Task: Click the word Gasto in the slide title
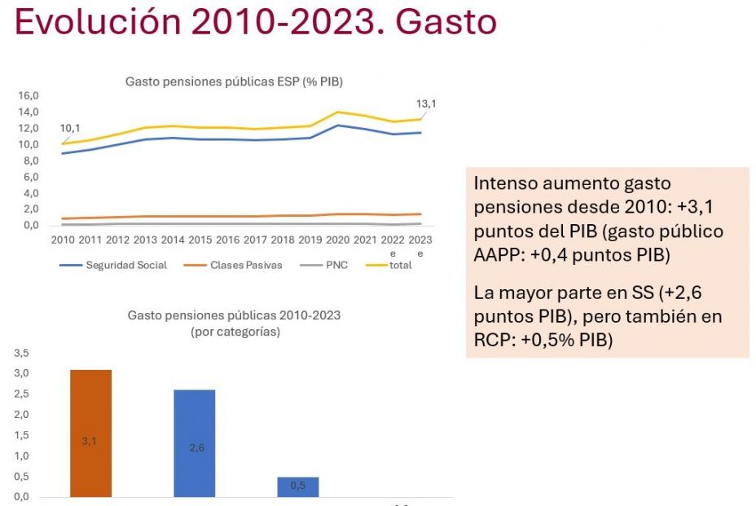(446, 22)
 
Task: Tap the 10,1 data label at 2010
(72, 128)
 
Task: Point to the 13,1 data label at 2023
(427, 103)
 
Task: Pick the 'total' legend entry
(399, 265)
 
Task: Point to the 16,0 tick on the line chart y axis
(29, 95)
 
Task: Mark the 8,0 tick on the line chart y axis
(31, 161)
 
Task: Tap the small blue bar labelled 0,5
(298, 486)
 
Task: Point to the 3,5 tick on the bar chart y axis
(22, 353)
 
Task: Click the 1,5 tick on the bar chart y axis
(22, 435)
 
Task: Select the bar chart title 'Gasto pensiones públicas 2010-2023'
(234, 315)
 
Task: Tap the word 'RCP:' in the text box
(493, 339)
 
